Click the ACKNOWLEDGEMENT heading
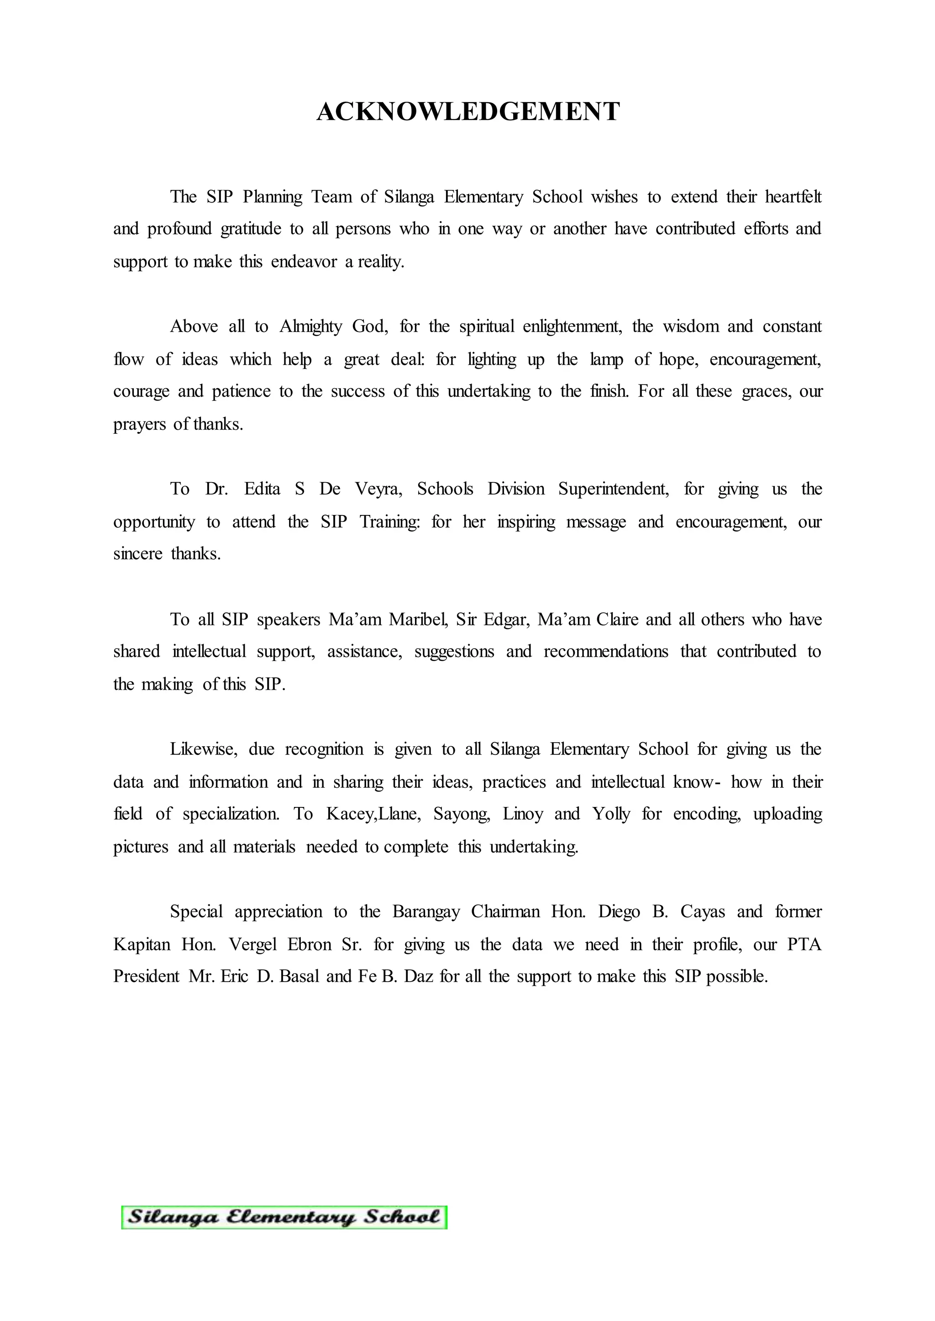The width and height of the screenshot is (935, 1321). coord(467,112)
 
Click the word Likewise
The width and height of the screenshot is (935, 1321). coord(203,749)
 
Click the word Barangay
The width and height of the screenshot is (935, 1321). coord(426,912)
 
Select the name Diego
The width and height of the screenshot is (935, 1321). coord(619,912)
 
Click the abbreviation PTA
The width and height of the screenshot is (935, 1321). coord(804,945)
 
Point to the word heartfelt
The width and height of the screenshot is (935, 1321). coord(793,197)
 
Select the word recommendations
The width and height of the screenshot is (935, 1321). coord(606,651)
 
